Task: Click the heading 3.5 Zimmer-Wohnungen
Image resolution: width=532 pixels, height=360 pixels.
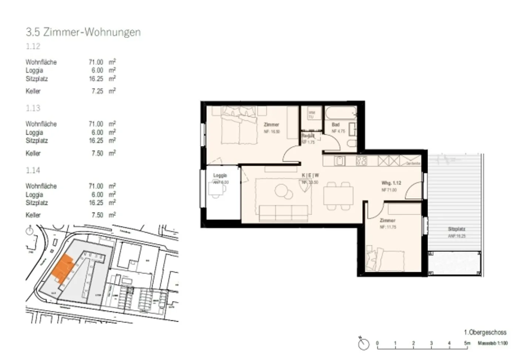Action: click(83, 32)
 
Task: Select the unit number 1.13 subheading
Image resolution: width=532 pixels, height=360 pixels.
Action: click(33, 108)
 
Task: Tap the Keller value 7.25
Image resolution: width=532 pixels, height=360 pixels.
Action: click(97, 91)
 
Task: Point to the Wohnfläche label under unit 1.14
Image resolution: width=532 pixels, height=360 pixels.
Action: click(41, 186)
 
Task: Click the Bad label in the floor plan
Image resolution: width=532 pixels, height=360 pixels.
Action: click(335, 125)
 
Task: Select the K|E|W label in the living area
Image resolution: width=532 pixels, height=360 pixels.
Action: click(310, 175)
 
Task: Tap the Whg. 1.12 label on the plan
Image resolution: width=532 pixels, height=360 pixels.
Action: click(391, 183)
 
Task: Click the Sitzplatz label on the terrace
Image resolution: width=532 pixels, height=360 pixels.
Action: click(456, 229)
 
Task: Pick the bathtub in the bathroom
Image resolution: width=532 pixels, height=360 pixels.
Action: click(340, 112)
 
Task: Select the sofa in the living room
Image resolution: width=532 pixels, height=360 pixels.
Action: click(284, 213)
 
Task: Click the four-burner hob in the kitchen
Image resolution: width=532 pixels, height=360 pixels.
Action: click(361, 161)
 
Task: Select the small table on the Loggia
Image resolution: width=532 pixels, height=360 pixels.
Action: click(216, 189)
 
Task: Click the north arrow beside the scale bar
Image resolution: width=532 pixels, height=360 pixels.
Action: click(364, 344)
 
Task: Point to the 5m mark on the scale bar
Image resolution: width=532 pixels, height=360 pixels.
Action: click(467, 343)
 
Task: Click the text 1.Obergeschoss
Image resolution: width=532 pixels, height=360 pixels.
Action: click(485, 332)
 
